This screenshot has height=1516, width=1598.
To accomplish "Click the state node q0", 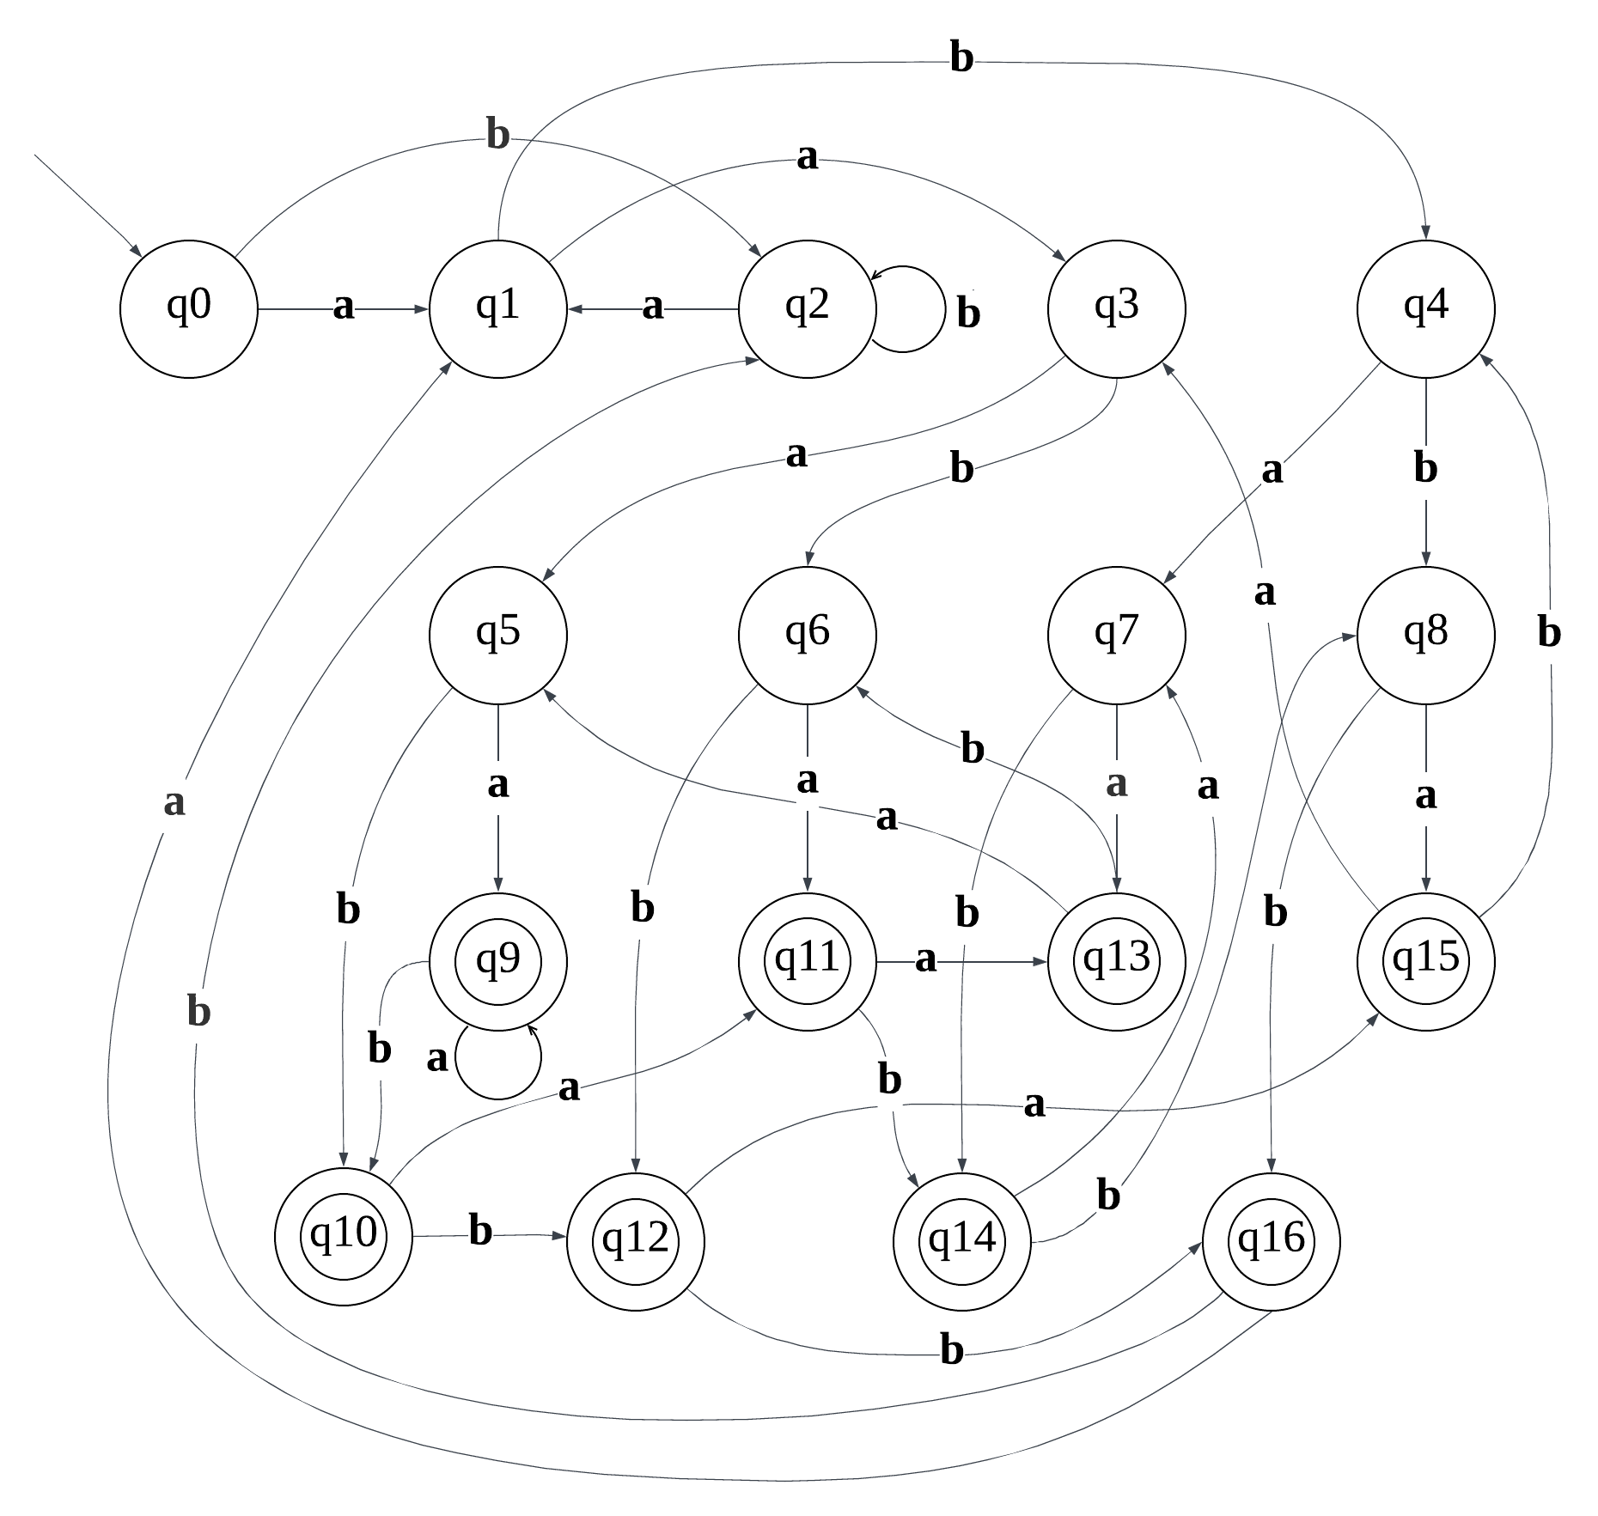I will click(x=188, y=308).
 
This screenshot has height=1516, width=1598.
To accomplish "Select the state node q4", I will click(x=1425, y=308).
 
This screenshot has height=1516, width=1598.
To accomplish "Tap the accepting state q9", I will click(x=497, y=961).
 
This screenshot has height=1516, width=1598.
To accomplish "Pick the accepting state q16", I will click(x=1271, y=1241).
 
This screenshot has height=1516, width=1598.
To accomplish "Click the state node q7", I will click(x=1116, y=635).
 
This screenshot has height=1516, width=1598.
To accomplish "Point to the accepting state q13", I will click(x=1116, y=961).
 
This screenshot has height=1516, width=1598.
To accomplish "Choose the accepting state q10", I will click(x=343, y=1236).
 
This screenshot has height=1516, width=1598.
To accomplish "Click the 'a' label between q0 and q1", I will click(x=343, y=306).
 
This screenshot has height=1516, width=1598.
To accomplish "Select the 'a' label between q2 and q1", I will click(x=653, y=306).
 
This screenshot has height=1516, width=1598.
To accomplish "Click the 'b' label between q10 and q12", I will click(x=480, y=1232).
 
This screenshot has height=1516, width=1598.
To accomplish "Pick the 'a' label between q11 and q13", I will click(x=924, y=959).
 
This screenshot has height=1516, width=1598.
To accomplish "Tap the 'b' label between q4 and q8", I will click(x=1425, y=469).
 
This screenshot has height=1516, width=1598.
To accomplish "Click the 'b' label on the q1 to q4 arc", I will click(x=961, y=58).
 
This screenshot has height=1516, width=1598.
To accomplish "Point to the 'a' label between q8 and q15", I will click(x=1425, y=796).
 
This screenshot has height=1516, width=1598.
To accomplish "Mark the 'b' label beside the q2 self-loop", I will click(x=968, y=314).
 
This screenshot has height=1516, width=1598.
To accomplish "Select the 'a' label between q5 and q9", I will click(x=497, y=784).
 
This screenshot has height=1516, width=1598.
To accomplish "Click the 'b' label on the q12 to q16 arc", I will click(x=951, y=1351).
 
